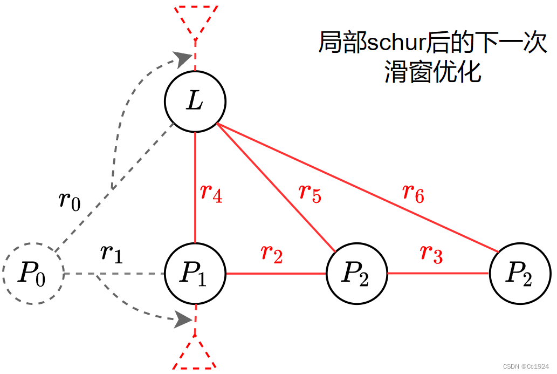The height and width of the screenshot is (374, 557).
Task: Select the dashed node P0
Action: coord(33,274)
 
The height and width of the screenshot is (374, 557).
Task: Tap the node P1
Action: coord(195,274)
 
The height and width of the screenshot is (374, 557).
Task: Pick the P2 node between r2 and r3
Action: coord(357,274)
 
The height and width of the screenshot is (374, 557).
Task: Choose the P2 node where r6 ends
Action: coord(519,274)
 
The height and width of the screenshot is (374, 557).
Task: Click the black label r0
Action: coord(70,200)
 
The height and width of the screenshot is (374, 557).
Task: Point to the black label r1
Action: coord(112,253)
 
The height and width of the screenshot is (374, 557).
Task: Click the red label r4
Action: coord(211,193)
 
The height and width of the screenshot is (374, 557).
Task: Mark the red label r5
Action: coord(310,194)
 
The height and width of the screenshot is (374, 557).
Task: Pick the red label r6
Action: coord(414,193)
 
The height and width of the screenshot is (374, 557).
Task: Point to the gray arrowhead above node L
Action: coord(183,58)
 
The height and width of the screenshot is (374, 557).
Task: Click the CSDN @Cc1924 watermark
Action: coord(526,366)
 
